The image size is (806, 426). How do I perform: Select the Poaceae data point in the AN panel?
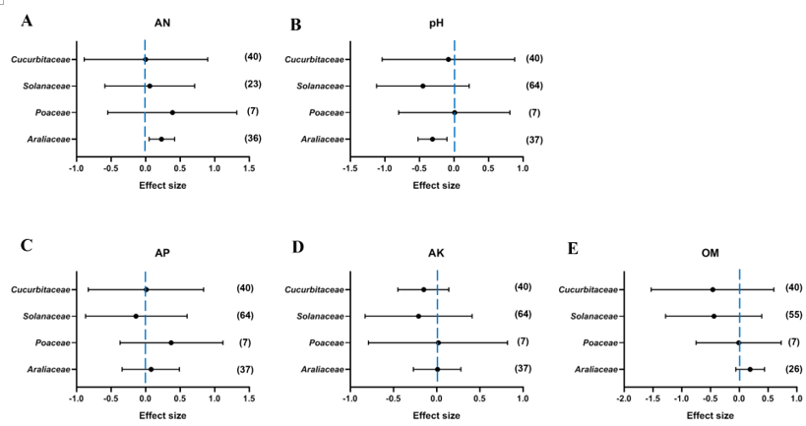[172, 112]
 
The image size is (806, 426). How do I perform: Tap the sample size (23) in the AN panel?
[252, 85]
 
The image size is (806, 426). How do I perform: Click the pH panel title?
[436, 22]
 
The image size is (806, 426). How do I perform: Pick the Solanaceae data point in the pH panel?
[423, 86]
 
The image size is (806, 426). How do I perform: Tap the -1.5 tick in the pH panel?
[349, 169]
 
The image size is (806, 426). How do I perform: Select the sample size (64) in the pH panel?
[534, 85]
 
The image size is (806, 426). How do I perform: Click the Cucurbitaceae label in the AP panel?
[41, 289]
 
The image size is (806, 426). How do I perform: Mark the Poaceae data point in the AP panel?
[171, 342]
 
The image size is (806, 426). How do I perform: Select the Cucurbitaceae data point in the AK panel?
[424, 289]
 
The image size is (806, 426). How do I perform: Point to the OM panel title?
[710, 253]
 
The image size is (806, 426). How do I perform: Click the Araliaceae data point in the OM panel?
[750, 369]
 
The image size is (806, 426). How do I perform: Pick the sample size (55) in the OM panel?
[793, 315]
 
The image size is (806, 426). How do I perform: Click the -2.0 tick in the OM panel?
[624, 399]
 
